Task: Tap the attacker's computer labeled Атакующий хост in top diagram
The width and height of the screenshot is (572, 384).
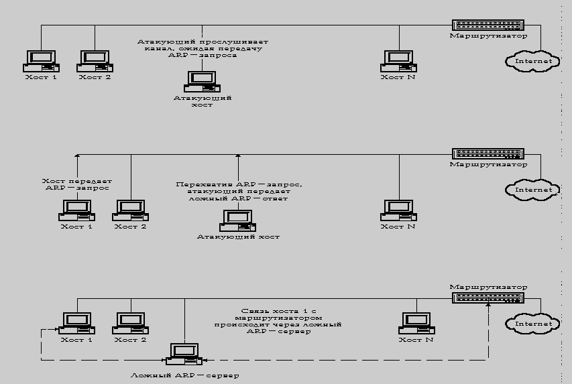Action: [x=202, y=80]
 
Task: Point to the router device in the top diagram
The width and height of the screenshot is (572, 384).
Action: [x=487, y=25]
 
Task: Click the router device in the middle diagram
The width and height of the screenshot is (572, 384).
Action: [x=487, y=153]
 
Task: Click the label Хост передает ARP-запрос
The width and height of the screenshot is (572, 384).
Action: [x=76, y=185]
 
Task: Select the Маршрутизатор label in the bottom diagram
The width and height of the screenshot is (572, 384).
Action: [x=488, y=287]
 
